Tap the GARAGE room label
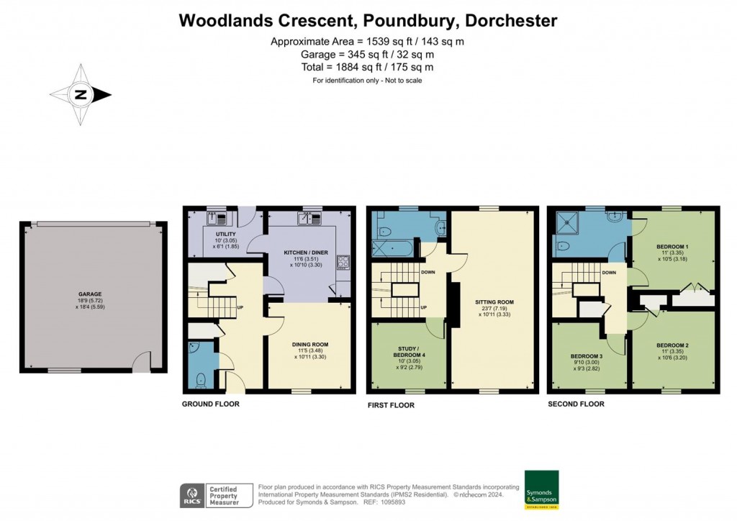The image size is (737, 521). [90, 294]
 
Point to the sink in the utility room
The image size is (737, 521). [221, 217]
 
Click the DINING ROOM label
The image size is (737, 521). [311, 345]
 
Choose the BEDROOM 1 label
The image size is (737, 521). [673, 246]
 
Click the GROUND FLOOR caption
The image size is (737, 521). [210, 404]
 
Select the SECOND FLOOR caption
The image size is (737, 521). [576, 404]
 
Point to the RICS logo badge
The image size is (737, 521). [191, 495]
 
